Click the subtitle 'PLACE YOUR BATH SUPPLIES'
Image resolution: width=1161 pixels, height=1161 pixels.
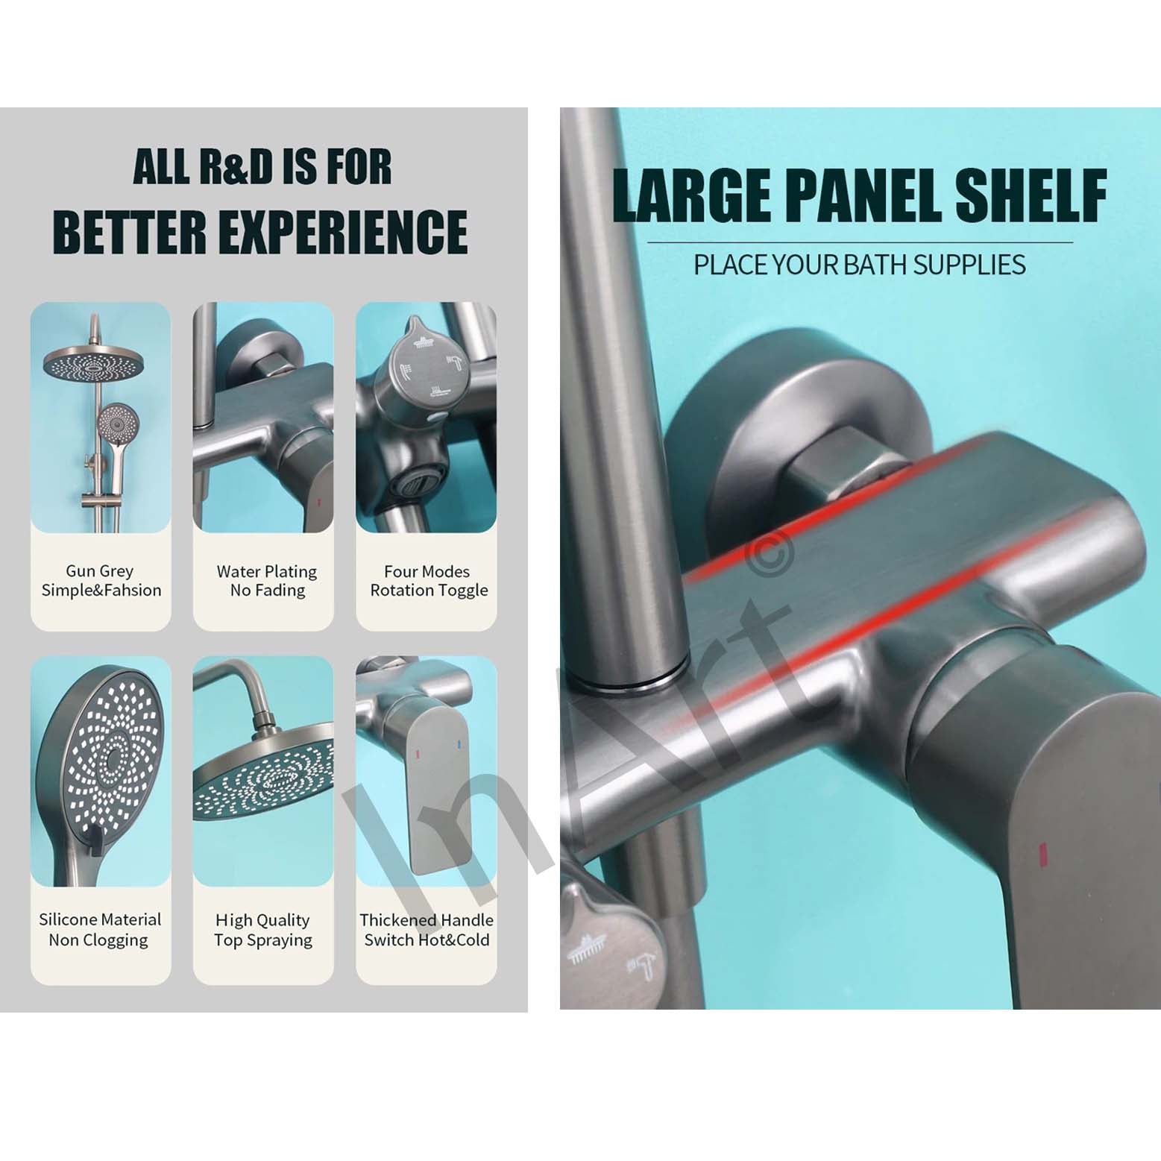[x=860, y=265]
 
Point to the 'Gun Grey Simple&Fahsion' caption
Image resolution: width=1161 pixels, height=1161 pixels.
[x=101, y=581]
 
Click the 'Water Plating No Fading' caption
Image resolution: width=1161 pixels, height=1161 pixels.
[x=267, y=581]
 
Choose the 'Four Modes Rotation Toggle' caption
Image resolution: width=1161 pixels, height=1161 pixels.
[x=429, y=581]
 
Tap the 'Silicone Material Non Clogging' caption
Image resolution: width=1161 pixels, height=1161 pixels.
[x=100, y=930]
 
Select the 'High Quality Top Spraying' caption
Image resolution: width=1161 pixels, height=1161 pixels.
[x=263, y=930]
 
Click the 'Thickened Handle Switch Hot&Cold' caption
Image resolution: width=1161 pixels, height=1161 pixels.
[x=427, y=930]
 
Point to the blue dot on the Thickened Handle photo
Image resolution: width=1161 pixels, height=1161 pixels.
[x=456, y=744]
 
